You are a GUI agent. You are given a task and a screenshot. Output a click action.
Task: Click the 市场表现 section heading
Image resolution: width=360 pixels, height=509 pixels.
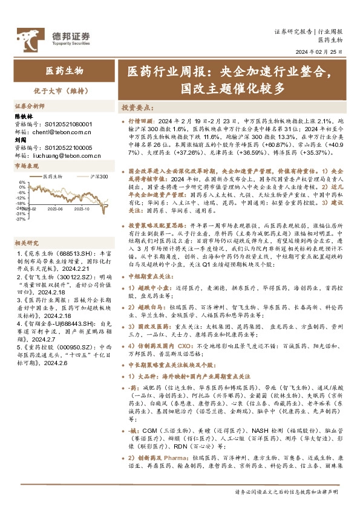pyautogui.click(x=26, y=165)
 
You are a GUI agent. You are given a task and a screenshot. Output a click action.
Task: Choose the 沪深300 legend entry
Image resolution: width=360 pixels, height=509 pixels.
pyautogui.click(x=96, y=177)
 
